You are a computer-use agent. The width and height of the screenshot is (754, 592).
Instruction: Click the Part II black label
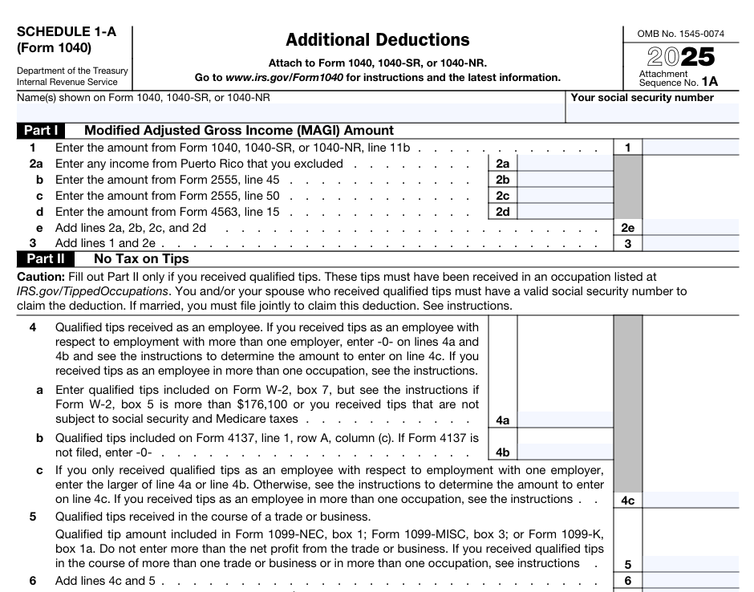[45, 259]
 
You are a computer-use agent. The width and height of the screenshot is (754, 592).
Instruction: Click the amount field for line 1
[690, 148]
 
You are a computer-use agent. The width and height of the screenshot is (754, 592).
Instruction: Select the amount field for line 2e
[690, 228]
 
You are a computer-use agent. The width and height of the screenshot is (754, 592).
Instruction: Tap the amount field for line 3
[690, 243]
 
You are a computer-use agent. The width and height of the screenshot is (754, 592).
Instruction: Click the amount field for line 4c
[690, 500]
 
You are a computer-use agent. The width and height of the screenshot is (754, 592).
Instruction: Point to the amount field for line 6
[690, 581]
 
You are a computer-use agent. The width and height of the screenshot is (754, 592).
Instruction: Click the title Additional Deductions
[378, 40]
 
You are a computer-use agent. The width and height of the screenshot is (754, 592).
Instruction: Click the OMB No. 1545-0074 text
[680, 34]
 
